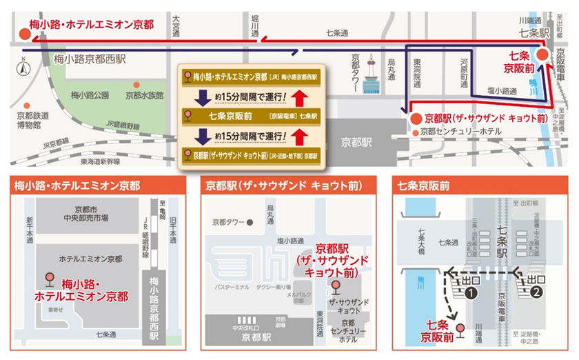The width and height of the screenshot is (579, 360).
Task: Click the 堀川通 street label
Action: coord(254,27)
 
